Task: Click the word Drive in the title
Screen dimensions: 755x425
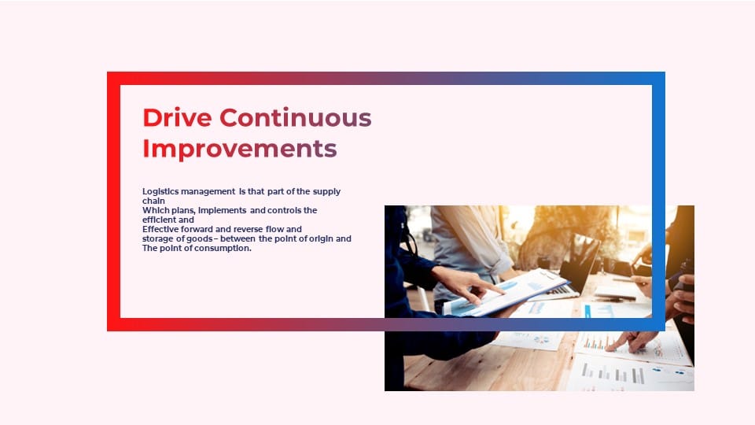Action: pyautogui.click(x=177, y=117)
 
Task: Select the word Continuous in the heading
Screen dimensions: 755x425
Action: pyautogui.click(x=296, y=117)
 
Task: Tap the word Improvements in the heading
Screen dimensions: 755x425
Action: pyautogui.click(x=240, y=149)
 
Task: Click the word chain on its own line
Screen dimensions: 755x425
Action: pyautogui.click(x=153, y=201)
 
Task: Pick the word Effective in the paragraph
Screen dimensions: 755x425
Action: pyautogui.click(x=160, y=229)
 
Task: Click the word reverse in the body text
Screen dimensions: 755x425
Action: pyautogui.click(x=249, y=229)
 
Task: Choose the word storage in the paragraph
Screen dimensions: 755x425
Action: pyautogui.click(x=157, y=239)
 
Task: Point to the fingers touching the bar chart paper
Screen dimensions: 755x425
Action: pyautogui.click(x=631, y=341)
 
